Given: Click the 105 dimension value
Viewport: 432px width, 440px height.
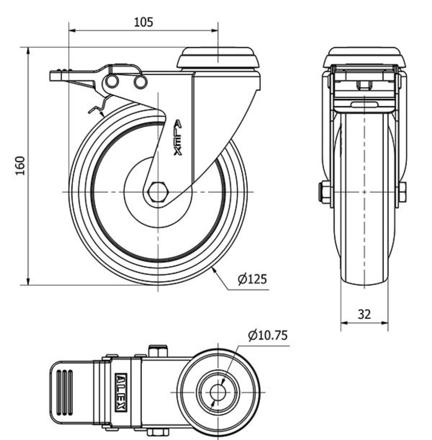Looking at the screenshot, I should [143, 22].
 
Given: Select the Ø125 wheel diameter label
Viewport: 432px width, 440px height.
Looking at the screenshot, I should [252, 279].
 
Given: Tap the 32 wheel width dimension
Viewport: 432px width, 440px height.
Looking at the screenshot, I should [364, 314].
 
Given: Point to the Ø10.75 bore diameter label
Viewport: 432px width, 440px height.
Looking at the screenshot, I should [267, 335].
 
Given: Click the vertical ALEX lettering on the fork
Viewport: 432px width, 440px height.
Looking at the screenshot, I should [177, 138].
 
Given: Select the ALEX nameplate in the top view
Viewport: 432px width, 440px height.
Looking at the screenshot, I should [121, 391].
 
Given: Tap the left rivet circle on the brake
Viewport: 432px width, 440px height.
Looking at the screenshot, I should [112, 82].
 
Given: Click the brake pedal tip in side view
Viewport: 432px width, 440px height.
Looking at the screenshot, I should [56, 76].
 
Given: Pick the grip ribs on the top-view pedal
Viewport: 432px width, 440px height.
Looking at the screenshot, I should [64, 391].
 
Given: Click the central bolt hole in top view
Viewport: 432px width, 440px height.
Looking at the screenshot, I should [218, 391].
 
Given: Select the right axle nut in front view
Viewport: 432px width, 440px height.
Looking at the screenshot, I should [402, 192].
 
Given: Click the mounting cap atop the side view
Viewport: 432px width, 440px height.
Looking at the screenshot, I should [218, 58].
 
